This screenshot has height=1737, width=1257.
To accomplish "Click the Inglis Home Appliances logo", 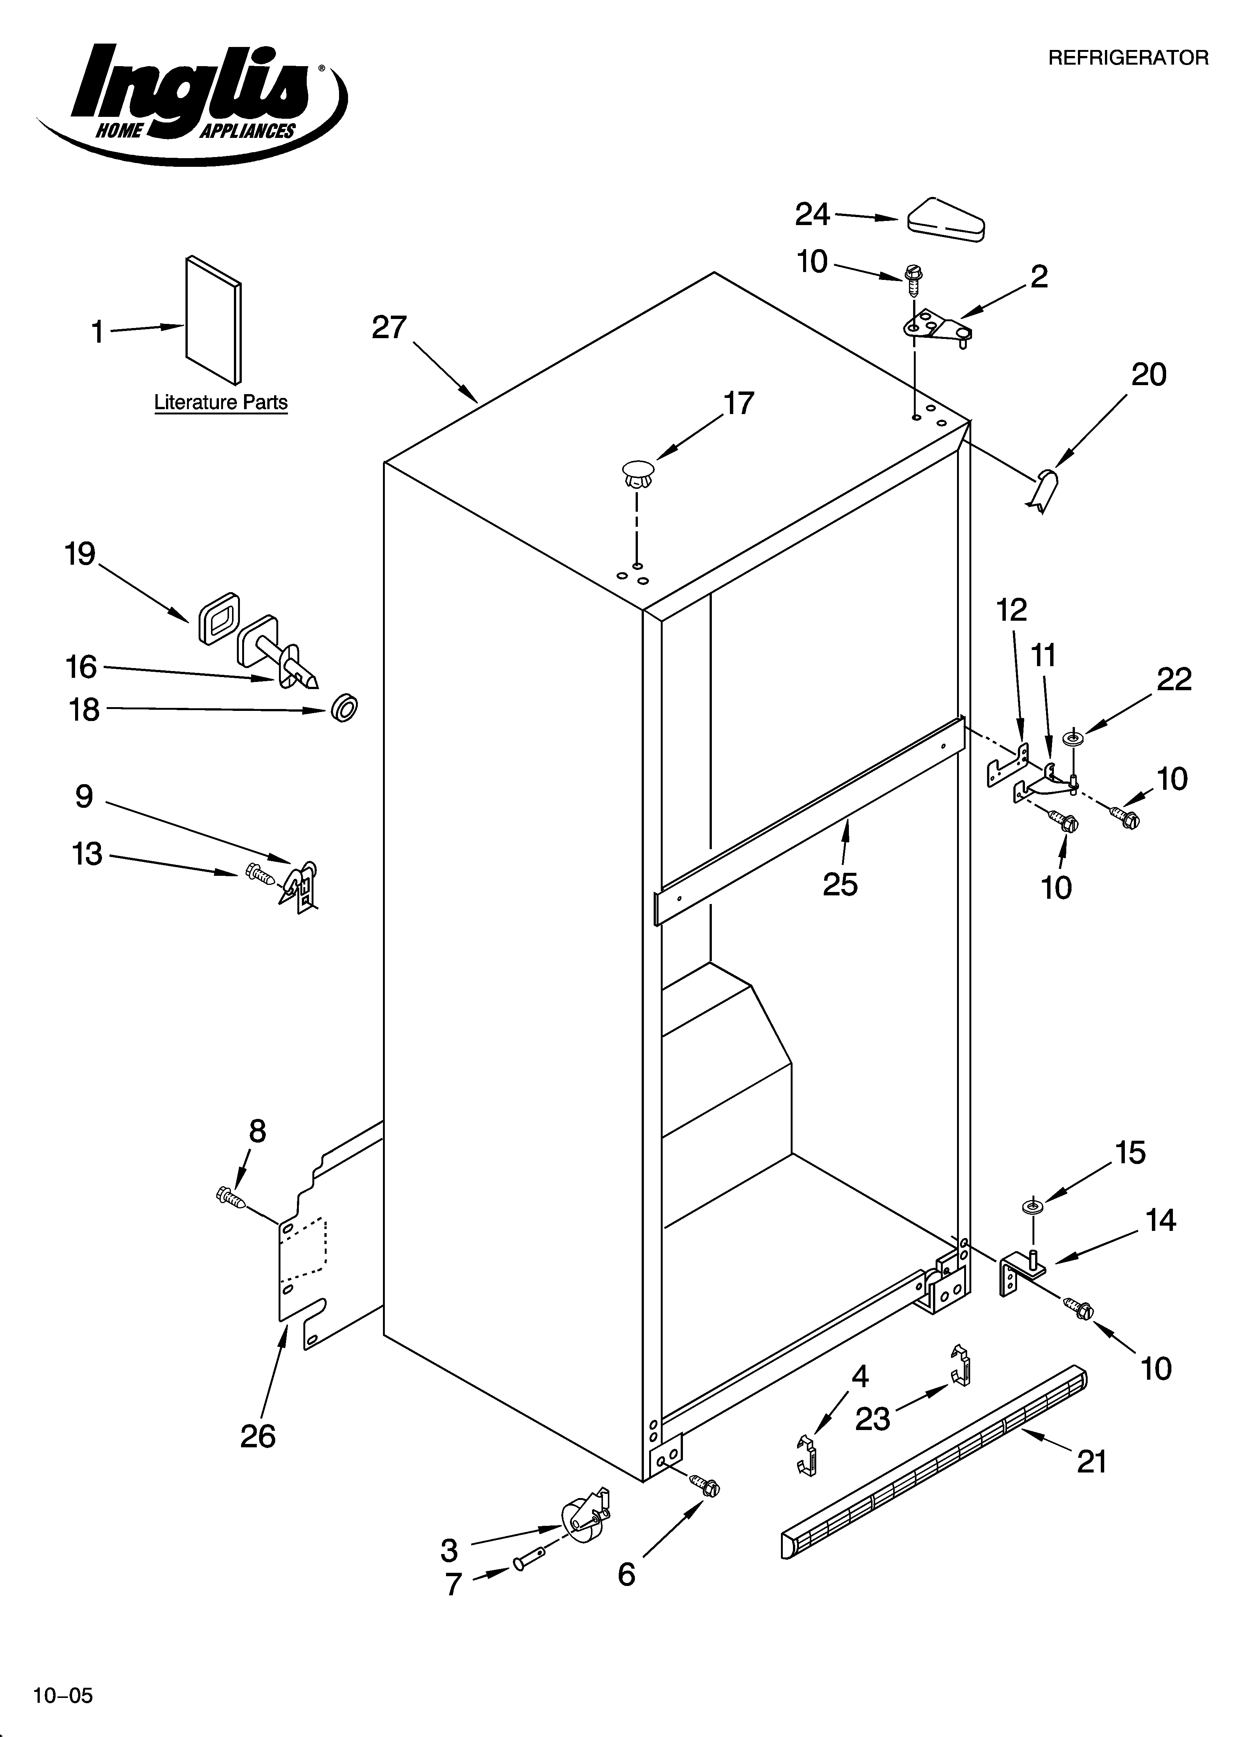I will tap(191, 100).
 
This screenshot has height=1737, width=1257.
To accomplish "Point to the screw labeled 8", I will tap(230, 1196).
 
